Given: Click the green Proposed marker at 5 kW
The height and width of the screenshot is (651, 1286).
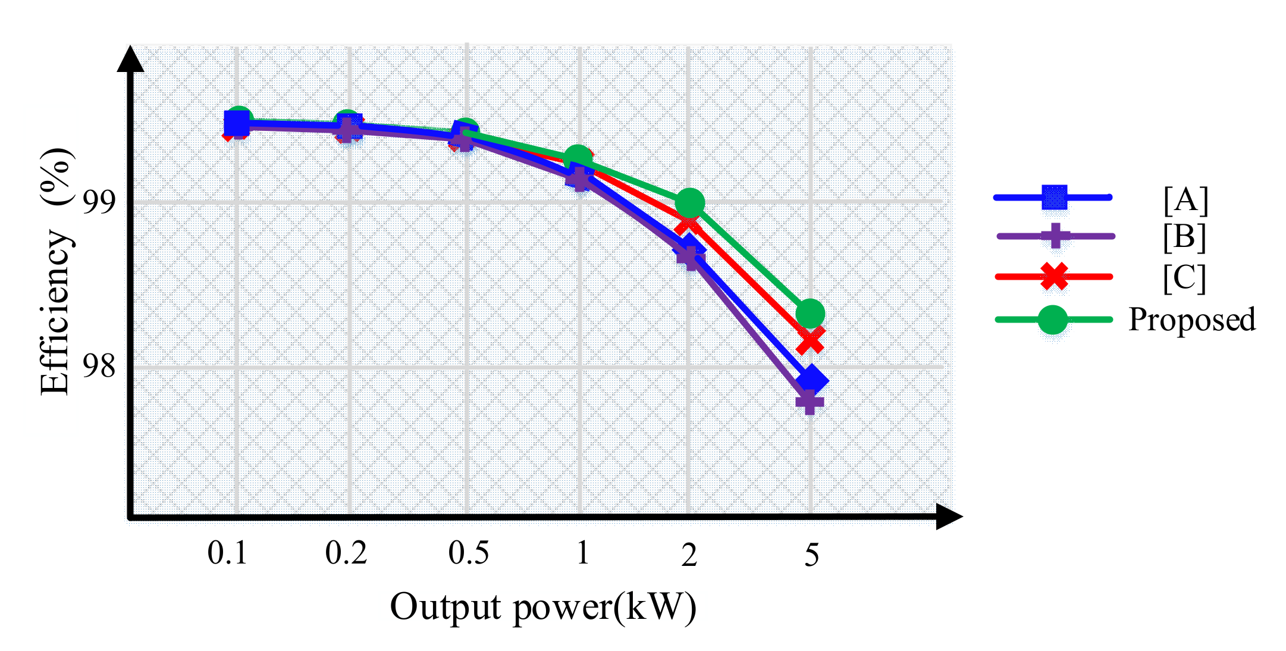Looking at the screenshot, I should [810, 314].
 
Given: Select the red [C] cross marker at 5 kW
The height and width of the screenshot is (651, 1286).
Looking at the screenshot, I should [811, 340].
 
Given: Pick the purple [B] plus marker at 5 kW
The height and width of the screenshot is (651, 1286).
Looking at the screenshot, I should [810, 402].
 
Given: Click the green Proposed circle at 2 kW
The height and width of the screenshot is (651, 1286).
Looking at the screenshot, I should [690, 203].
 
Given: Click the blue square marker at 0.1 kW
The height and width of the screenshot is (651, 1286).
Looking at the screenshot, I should [237, 124].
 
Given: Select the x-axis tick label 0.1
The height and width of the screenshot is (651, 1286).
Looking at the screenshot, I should [227, 553].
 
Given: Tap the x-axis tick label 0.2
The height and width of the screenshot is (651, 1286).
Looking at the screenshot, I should [346, 553].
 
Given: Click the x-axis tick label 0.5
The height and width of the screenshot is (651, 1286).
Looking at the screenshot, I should [468, 553].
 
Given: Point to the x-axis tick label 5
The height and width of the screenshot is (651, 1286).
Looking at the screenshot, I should [812, 555].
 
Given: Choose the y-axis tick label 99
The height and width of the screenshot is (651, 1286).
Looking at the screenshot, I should [99, 202].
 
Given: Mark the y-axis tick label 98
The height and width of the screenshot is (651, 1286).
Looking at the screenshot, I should [99, 366].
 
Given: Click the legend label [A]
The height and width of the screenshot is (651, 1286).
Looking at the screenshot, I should [1185, 200].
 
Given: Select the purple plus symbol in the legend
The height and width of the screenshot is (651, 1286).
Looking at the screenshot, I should [1055, 236].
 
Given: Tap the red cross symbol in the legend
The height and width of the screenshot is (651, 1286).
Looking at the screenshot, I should [1054, 277].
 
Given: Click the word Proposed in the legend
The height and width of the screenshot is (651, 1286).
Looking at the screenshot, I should [1192, 320].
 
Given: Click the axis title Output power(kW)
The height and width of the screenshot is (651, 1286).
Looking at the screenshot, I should [542, 608].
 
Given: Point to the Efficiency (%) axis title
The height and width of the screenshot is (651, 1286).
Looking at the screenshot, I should [57, 271].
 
